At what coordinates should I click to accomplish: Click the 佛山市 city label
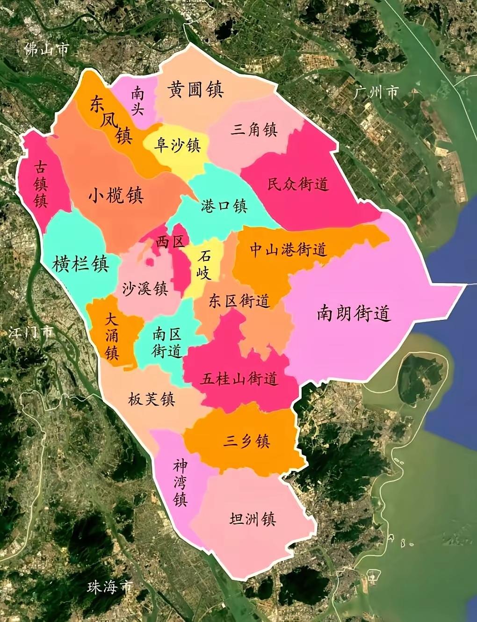click(46, 49)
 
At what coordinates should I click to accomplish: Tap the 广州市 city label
click(376, 92)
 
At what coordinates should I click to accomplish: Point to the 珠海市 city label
click(110, 587)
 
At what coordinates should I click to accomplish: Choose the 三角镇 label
click(254, 129)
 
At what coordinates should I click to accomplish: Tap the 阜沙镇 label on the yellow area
click(177, 145)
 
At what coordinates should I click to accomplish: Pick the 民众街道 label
click(298, 184)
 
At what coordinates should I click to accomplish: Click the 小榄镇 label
click(116, 195)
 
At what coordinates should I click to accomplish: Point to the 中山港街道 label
click(288, 250)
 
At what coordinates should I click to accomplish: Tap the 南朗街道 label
click(354, 313)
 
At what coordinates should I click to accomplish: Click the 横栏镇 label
click(80, 264)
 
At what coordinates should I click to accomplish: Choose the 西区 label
click(170, 241)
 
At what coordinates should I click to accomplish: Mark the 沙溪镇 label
click(145, 289)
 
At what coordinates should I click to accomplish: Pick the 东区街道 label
click(239, 301)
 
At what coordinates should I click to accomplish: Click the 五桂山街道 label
click(239, 378)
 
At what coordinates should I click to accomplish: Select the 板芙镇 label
click(152, 399)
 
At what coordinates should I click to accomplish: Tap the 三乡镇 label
click(246, 441)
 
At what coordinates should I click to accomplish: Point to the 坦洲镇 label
click(253, 519)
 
